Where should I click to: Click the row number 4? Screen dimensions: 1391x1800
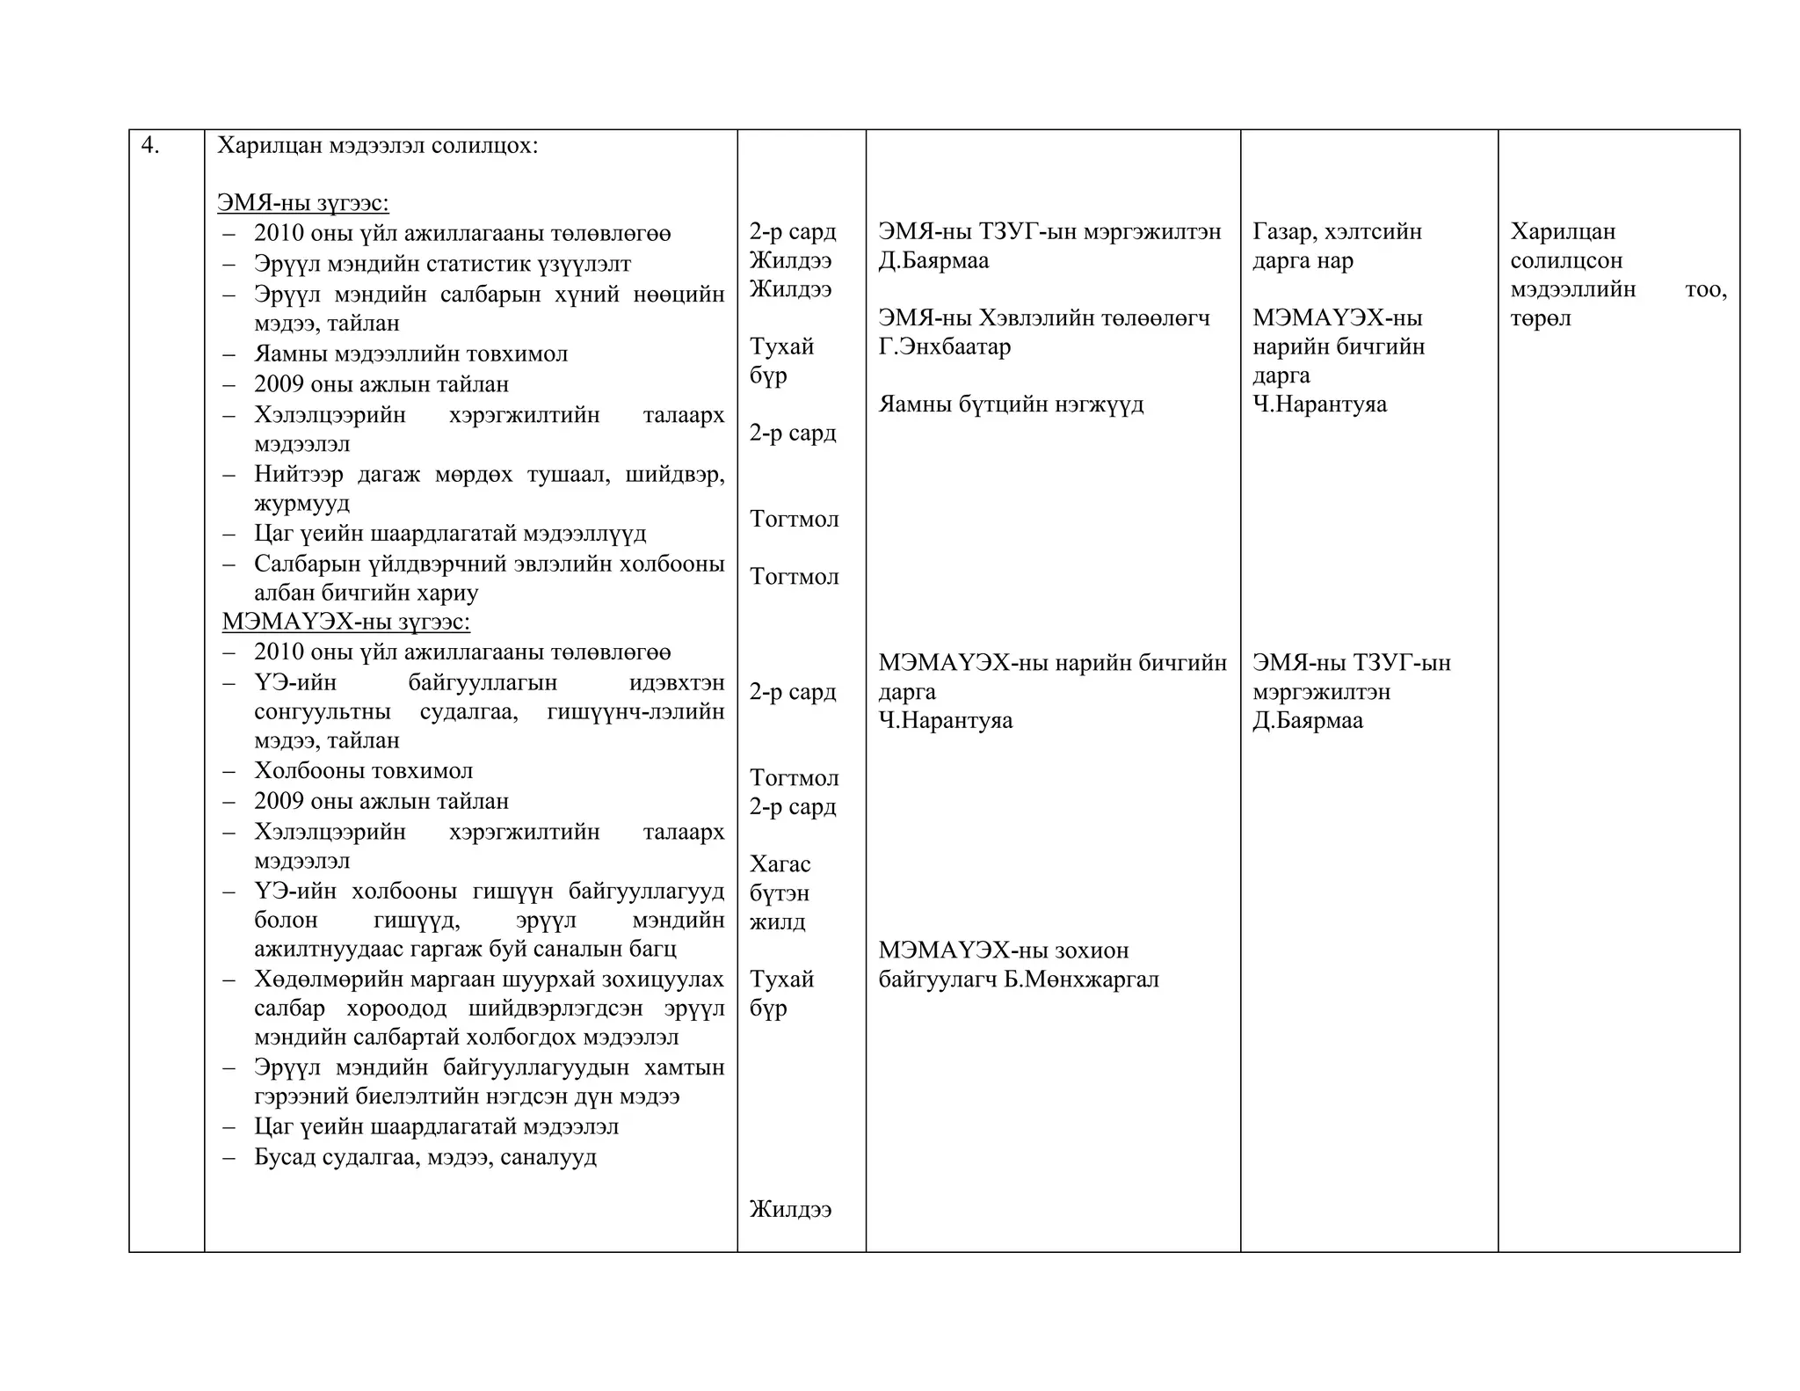tap(149, 146)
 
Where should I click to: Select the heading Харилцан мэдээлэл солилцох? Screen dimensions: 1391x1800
tap(377, 146)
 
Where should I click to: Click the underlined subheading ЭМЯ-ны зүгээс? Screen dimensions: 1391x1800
tap(302, 203)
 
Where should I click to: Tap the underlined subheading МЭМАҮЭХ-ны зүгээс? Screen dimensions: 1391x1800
tap(345, 622)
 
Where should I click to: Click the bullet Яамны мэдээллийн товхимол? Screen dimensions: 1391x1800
tap(410, 353)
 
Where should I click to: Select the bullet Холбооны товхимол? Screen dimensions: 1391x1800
tap(363, 771)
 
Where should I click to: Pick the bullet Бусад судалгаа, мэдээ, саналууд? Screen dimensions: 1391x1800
tap(425, 1156)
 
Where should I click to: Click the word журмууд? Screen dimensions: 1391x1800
tap(301, 504)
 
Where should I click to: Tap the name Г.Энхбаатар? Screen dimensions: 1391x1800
tap(944, 346)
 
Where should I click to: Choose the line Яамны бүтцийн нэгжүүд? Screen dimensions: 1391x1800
tap(1011, 404)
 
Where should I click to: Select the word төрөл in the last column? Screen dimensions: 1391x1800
tap(1540, 318)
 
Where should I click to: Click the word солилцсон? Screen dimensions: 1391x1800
tap(1566, 261)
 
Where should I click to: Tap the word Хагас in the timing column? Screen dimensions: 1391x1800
tap(780, 864)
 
